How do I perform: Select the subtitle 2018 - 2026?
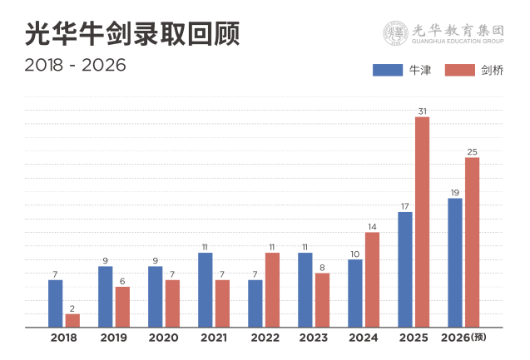(75, 65)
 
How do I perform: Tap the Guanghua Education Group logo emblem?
(396, 32)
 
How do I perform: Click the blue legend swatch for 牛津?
(387, 71)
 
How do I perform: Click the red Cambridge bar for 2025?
(422, 221)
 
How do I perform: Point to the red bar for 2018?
(72, 319)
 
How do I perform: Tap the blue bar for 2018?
(56, 303)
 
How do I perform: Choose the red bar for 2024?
(372, 279)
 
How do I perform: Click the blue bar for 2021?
(206, 288)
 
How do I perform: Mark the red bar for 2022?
(272, 288)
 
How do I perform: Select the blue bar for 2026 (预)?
(455, 262)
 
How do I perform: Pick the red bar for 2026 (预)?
(472, 241)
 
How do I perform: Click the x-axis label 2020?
(163, 338)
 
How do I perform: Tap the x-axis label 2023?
(313, 338)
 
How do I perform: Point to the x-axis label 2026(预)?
(463, 338)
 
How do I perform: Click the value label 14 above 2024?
(372, 227)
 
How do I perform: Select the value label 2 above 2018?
(72, 308)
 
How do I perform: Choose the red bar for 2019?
(122, 306)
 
